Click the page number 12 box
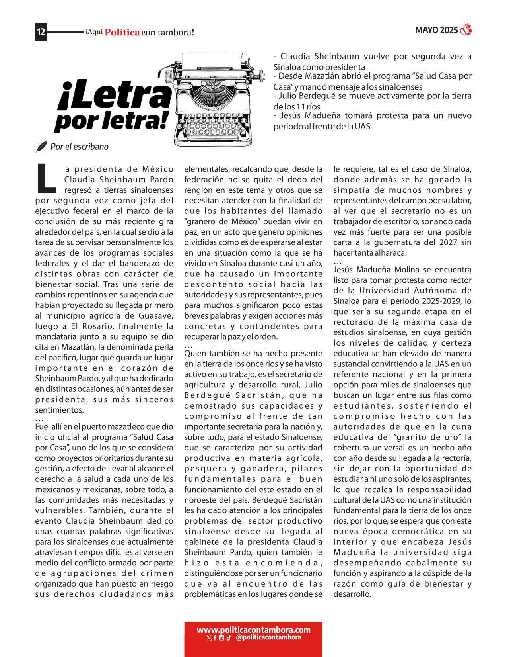click(x=41, y=32)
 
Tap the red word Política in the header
click(x=122, y=32)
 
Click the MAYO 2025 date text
click(x=436, y=30)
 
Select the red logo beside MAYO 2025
click(x=466, y=30)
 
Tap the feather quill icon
click(x=41, y=147)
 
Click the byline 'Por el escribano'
click(x=79, y=147)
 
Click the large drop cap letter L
click(x=46, y=176)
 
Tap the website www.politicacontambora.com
click(x=253, y=630)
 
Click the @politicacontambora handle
click(x=268, y=637)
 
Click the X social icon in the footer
click(x=209, y=638)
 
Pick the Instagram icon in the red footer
click(x=221, y=638)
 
